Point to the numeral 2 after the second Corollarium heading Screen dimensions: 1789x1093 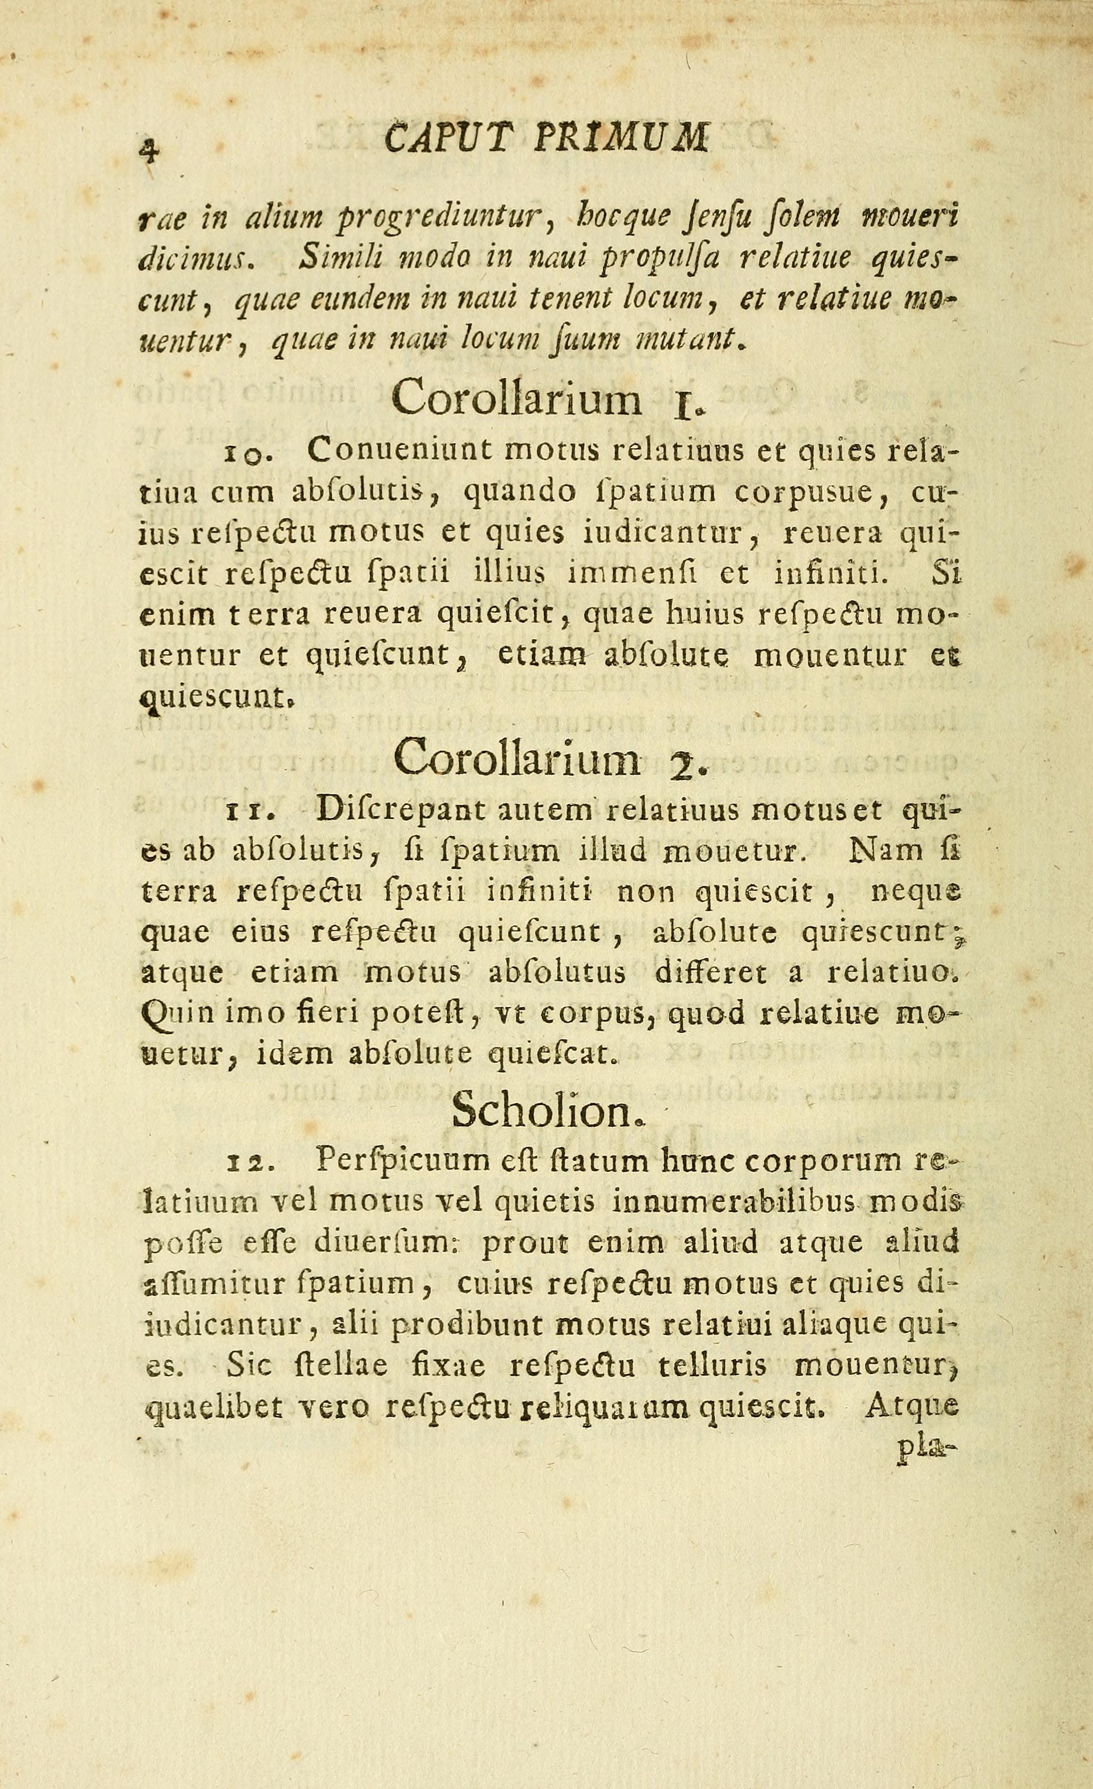click(x=683, y=763)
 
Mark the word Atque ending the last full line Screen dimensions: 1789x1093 click(x=912, y=1409)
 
